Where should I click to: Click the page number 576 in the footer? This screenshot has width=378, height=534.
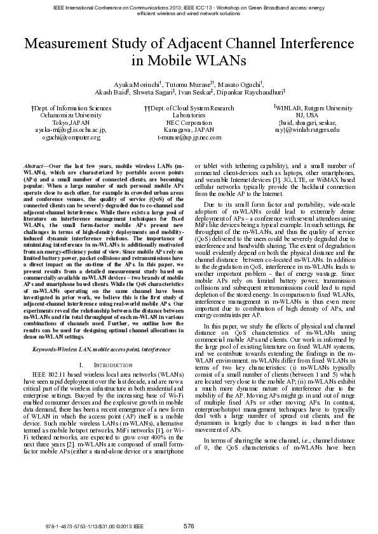pyautogui.click(x=189, y=526)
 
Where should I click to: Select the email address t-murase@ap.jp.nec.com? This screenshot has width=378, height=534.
pyautogui.click(x=189, y=137)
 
